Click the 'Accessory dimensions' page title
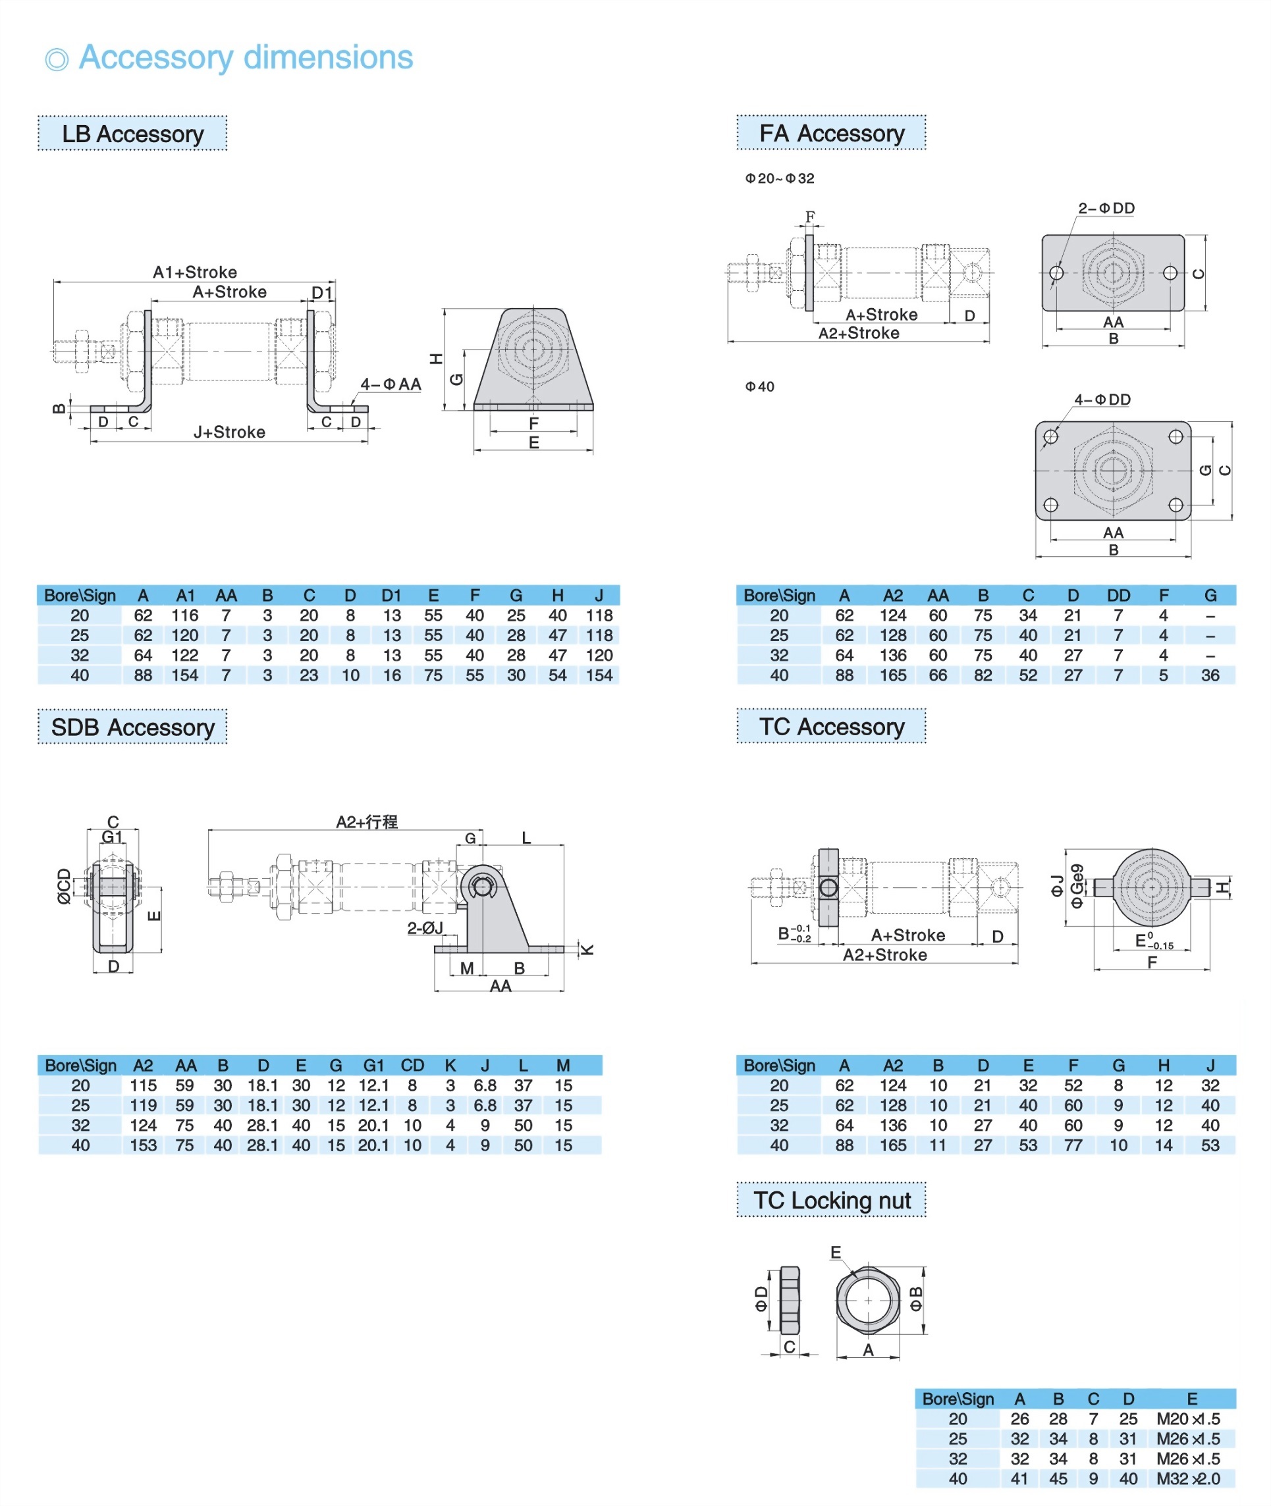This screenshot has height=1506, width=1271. (x=245, y=58)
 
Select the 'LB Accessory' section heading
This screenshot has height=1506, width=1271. (x=132, y=134)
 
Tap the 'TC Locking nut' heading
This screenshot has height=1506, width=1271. (x=832, y=1200)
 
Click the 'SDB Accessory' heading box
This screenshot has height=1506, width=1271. (x=132, y=727)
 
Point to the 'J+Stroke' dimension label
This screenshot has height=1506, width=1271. (x=229, y=432)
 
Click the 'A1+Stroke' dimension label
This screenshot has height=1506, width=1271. (x=194, y=273)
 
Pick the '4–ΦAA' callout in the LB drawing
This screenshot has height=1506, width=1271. (x=391, y=384)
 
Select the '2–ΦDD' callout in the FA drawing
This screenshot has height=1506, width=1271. (x=1106, y=208)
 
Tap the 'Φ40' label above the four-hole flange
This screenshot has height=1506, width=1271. (x=759, y=387)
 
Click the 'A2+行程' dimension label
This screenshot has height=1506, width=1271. (x=367, y=821)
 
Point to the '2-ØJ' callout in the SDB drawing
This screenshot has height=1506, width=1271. (x=425, y=928)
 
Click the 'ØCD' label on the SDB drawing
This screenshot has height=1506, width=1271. (x=64, y=886)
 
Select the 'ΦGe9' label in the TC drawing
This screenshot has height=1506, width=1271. (x=1077, y=886)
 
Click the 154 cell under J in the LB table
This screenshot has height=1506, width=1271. (x=599, y=675)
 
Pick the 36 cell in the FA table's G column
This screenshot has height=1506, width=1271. (x=1210, y=675)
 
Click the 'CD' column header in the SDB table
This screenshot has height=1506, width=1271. (x=412, y=1065)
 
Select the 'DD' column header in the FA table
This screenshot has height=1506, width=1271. (x=1118, y=596)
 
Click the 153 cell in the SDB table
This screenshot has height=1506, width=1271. (x=144, y=1145)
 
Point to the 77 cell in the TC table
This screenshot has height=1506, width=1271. (x=1073, y=1145)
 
